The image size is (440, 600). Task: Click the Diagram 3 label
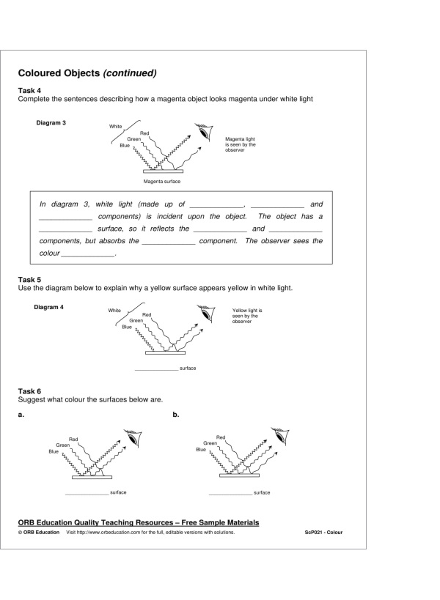coord(51,123)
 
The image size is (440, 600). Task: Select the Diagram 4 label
coord(49,306)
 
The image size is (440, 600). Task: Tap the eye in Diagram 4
coord(209,315)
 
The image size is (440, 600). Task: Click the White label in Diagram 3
coord(115,127)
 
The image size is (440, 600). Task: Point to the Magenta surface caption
coord(162,181)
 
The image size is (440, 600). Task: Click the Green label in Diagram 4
coord(136,320)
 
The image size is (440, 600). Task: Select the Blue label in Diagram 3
coord(125,145)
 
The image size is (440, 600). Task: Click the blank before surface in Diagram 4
coord(156,368)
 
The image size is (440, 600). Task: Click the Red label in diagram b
coord(220,437)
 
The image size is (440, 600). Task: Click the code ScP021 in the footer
coord(323,533)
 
